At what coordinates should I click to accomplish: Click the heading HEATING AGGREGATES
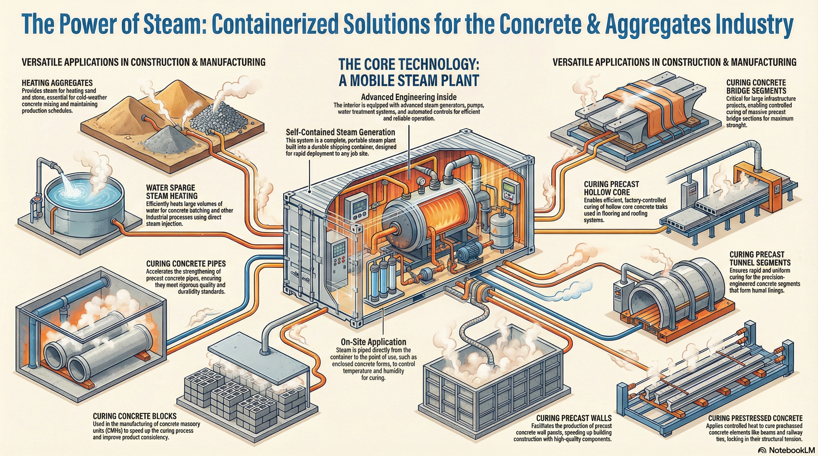pos(57,83)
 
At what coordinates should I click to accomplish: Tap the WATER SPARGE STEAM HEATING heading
pos(171,192)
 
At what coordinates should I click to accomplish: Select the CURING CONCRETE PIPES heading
pos(186,263)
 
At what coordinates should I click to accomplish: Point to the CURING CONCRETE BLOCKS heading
pos(134,416)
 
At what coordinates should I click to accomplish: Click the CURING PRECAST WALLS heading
pos(574,418)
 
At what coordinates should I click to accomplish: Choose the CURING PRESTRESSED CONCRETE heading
pos(755,418)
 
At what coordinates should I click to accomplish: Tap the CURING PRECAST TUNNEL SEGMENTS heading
pos(760,259)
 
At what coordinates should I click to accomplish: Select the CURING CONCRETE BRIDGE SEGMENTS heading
pos(756,87)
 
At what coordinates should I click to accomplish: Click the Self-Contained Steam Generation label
pos(340,132)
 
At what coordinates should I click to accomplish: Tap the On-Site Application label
pos(373,342)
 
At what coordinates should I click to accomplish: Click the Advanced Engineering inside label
pos(409,97)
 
